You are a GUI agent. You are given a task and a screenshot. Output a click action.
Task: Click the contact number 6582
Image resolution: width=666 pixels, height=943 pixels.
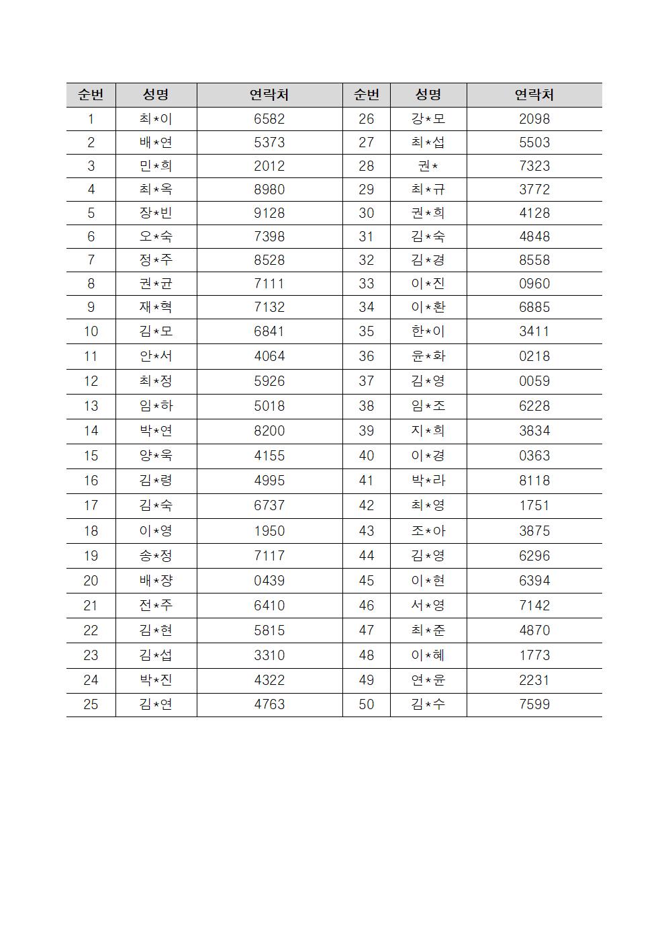[269, 119]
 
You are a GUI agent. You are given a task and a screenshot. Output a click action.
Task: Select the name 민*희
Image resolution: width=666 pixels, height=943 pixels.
[156, 166]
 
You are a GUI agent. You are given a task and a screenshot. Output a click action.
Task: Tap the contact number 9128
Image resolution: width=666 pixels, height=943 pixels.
[269, 213]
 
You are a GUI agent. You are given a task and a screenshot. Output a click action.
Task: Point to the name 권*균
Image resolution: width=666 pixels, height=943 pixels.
[156, 284]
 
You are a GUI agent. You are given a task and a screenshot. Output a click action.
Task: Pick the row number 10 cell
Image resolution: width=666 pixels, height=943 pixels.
[91, 331]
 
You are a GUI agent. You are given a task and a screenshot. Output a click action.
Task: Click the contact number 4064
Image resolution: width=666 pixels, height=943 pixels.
[269, 356]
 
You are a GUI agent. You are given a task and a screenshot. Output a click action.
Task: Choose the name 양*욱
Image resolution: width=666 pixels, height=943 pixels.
[156, 456]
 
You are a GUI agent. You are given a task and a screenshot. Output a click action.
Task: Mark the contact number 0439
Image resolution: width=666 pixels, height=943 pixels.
[269, 581]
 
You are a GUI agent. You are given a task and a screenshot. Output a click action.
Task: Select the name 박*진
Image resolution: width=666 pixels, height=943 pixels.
[156, 680]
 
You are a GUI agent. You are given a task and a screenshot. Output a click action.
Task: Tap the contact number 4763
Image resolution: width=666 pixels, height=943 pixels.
[269, 704]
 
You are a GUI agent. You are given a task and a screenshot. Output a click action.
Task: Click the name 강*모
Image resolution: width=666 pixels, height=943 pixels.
[428, 119]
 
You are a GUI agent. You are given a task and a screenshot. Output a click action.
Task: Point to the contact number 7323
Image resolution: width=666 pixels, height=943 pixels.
[534, 166]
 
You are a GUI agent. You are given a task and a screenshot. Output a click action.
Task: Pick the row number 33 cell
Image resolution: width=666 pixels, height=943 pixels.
[367, 284]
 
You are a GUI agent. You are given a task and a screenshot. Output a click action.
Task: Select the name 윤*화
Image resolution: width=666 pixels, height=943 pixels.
[428, 356]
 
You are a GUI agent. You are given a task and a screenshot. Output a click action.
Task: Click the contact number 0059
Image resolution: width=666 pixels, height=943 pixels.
[534, 381]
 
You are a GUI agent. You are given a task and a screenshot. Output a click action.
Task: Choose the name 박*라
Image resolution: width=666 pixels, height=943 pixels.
[428, 481]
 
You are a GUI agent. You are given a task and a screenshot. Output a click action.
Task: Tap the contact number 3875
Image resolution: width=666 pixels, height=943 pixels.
[534, 531]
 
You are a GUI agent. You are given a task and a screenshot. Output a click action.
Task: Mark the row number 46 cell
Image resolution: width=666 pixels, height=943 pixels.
[367, 606]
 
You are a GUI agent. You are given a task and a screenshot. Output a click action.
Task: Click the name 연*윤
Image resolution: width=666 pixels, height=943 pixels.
[428, 680]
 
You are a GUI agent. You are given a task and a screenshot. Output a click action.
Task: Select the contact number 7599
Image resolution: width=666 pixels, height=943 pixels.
[534, 704]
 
